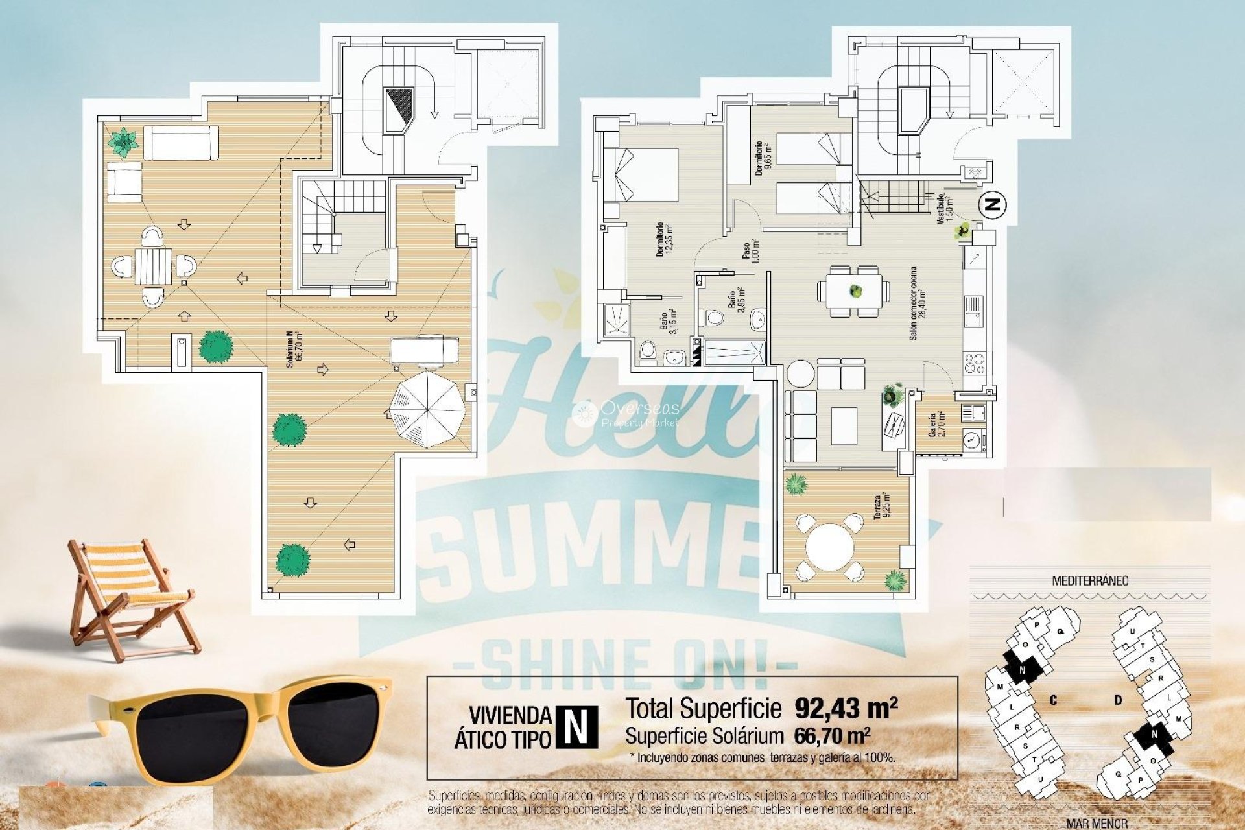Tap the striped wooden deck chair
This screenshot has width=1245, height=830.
(130, 597)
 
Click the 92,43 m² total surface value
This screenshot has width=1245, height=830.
(846, 708)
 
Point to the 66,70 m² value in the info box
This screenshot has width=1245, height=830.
(831, 736)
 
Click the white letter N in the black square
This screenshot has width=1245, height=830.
(575, 726)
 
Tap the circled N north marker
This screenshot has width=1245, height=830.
(991, 205)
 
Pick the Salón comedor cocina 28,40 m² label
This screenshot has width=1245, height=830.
(916, 303)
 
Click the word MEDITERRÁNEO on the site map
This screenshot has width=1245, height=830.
(1089, 581)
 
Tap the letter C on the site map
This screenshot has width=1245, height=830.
(1054, 700)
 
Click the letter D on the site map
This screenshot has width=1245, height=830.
(1118, 700)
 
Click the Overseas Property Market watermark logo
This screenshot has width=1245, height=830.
(626, 414)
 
